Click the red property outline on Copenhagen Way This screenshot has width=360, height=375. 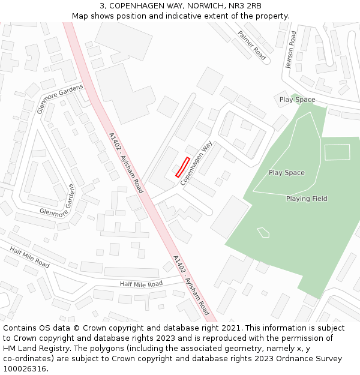click(182, 167)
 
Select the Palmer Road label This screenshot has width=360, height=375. click(251, 45)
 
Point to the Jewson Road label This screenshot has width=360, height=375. click(291, 50)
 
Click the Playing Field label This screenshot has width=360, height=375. click(307, 199)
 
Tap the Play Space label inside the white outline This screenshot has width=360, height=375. click(286, 173)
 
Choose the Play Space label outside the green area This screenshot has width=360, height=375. click(297, 100)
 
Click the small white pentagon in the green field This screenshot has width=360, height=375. click(263, 232)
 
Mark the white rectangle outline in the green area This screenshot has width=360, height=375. click(337, 152)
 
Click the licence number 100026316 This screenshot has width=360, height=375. click(25, 368)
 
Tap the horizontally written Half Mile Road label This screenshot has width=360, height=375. click(141, 284)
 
